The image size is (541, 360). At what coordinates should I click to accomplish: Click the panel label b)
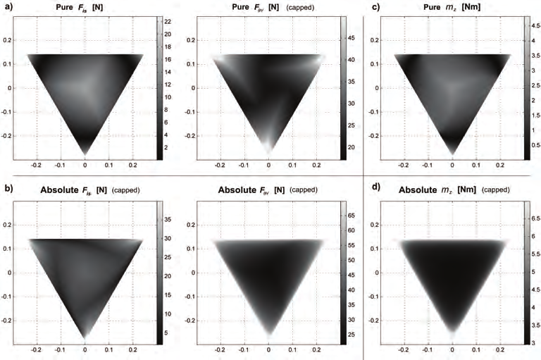click(10, 190)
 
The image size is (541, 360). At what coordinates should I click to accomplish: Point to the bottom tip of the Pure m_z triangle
click(452, 154)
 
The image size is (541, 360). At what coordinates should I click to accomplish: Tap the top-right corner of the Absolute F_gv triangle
click(325, 241)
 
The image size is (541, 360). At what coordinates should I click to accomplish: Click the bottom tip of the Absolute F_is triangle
click(85, 338)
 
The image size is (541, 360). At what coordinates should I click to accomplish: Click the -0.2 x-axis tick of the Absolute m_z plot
click(404, 349)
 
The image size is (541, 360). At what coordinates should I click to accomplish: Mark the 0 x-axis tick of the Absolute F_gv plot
click(268, 349)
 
